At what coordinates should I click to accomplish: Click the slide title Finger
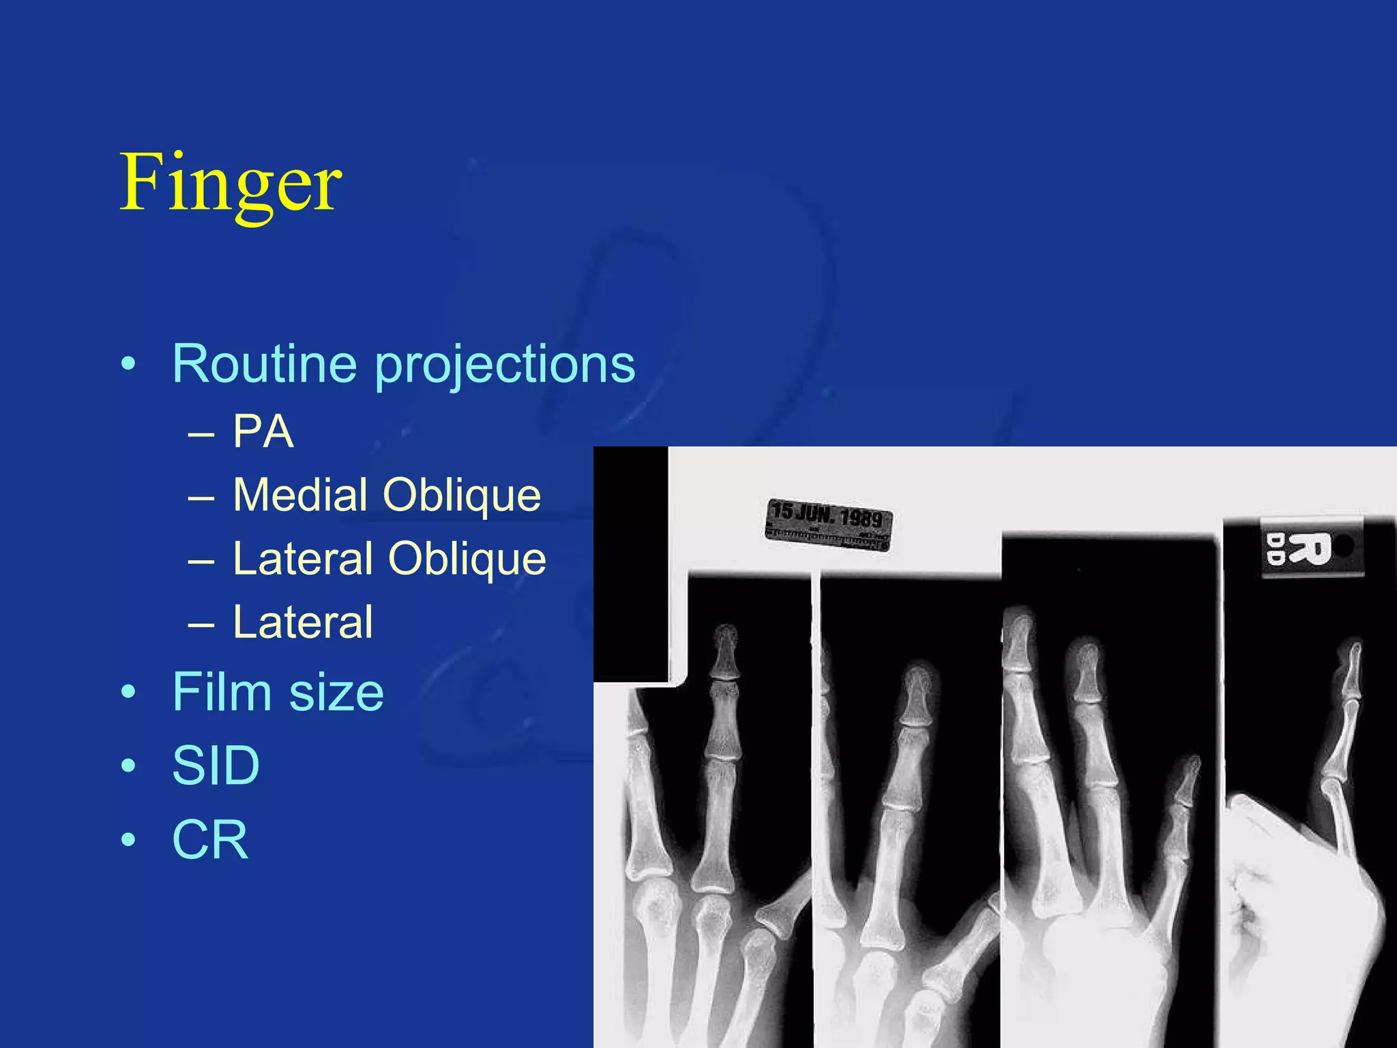tap(231, 183)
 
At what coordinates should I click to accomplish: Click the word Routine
tap(265, 364)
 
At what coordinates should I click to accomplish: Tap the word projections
tap(505, 365)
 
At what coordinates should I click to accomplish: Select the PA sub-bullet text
tap(263, 431)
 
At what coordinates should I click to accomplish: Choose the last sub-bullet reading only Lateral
tap(303, 622)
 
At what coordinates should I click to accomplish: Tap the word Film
tap(222, 692)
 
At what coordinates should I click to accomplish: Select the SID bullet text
tap(216, 766)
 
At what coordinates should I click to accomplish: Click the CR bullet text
tap(210, 839)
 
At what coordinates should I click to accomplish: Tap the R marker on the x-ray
tap(1310, 549)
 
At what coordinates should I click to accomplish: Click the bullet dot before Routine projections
tap(128, 365)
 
